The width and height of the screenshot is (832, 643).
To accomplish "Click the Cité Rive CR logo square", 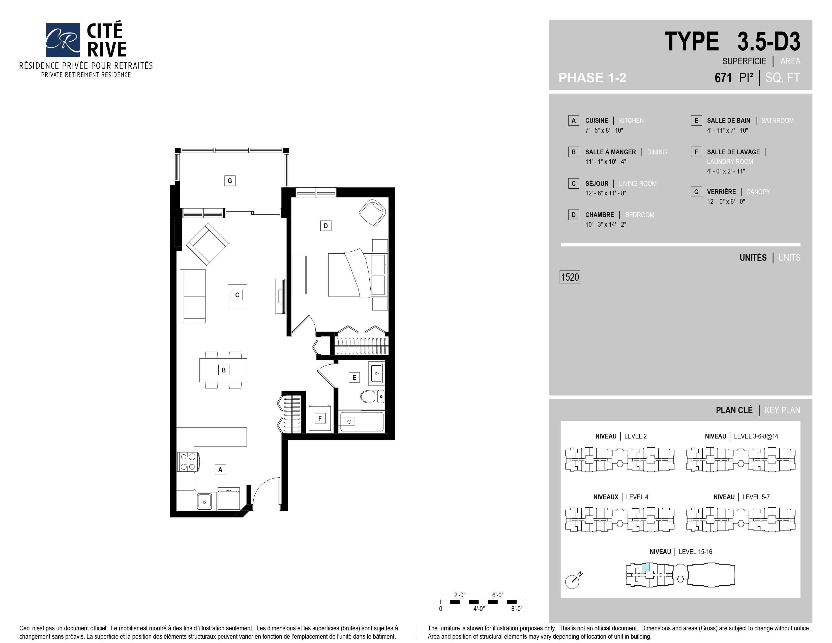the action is coord(63,40).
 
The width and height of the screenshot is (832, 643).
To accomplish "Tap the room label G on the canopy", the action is coord(230,181).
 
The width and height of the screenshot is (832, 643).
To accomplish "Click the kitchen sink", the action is coord(204,501).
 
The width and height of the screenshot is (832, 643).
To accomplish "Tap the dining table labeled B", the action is coord(223,370).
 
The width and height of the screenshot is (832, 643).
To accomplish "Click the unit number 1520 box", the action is coord(570,277).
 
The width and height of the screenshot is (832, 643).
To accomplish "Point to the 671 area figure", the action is coord(723,78).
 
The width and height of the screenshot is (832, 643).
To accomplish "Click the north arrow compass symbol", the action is coord(573,580).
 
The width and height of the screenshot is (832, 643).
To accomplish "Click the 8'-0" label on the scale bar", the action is coord(517,609).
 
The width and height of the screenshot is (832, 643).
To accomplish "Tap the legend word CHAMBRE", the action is coord(600,215).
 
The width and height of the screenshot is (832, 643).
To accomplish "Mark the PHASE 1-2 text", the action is coord(592,78).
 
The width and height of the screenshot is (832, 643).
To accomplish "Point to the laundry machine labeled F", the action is coord(320,418).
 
